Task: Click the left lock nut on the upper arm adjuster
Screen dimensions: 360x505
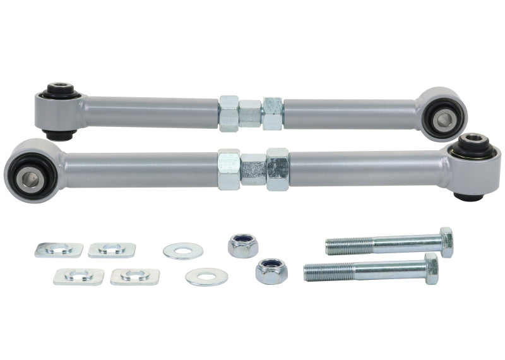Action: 229,114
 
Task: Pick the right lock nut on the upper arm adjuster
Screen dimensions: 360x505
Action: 273,114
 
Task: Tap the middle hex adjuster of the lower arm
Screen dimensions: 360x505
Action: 253,169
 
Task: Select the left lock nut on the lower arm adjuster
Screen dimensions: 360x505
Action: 229,169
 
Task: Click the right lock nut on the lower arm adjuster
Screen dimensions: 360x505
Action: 277,169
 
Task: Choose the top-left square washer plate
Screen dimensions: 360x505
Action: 59,249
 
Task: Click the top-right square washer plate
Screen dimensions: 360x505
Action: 112,249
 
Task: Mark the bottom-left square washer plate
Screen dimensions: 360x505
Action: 78,276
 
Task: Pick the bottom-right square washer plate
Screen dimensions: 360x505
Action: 134,276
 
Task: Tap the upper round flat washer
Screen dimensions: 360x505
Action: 183,251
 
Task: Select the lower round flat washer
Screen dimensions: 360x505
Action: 206,277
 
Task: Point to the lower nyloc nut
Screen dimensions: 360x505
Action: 271,271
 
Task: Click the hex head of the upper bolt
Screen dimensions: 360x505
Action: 446,242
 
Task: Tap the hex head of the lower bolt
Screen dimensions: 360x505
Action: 432,268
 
